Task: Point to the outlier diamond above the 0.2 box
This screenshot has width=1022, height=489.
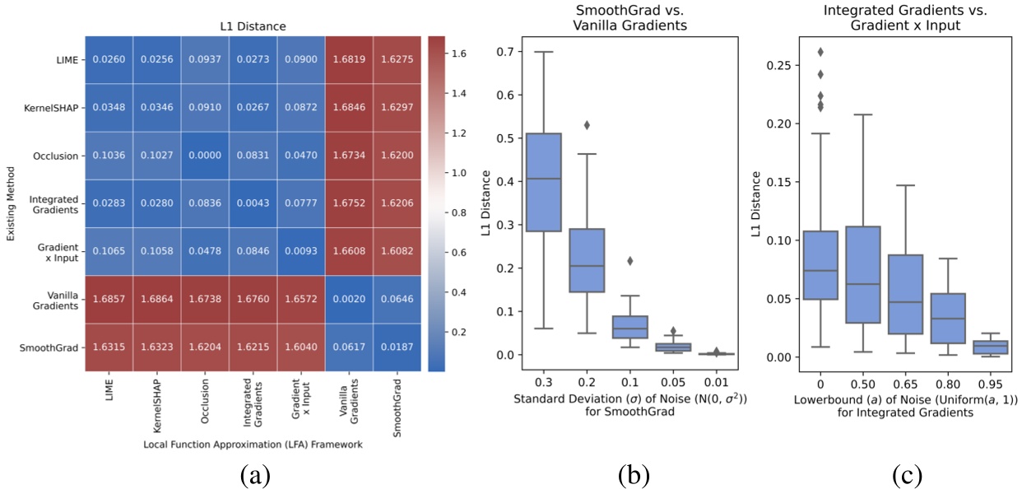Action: [x=588, y=125]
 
